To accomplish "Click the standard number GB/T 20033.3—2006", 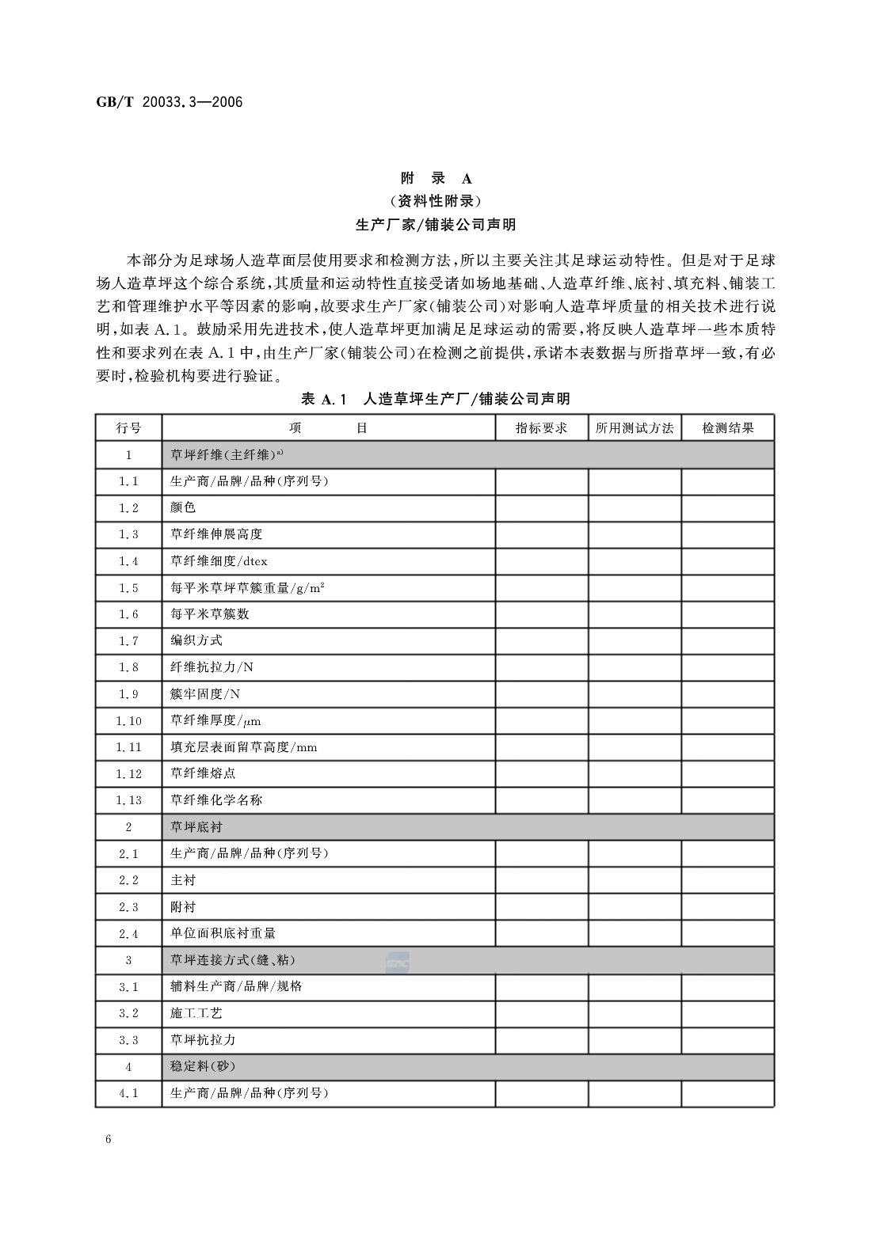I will click(169, 102).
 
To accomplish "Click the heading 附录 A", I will click(436, 178).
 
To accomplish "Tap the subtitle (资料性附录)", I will click(436, 201).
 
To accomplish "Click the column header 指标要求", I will click(542, 428).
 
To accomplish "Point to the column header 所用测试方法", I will click(635, 428).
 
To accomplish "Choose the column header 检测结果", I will click(728, 428).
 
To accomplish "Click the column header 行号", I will click(128, 428).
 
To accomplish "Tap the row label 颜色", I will click(183, 507).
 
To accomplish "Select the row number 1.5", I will click(128, 588).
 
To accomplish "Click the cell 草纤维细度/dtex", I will click(219, 561).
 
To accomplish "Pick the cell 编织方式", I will click(196, 640).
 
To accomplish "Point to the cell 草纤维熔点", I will click(203, 773).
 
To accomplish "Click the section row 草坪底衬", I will click(196, 827).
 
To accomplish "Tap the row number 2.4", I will click(128, 934).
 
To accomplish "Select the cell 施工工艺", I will click(196, 1013).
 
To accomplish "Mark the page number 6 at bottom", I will click(108, 1140).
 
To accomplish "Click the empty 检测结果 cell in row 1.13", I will click(728, 800).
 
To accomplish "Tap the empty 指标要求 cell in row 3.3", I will click(542, 1040).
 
